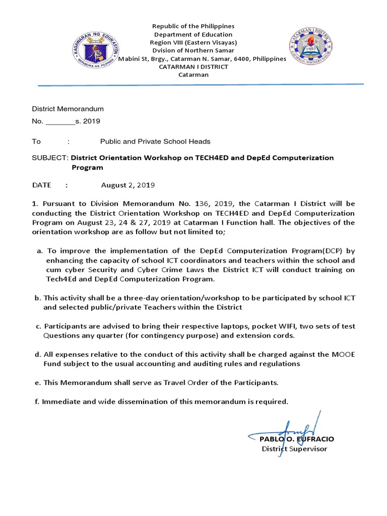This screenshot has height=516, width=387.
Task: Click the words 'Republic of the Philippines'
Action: point(193,26)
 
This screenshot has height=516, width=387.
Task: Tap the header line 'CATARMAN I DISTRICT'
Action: point(193,67)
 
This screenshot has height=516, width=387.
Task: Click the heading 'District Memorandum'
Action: point(68,108)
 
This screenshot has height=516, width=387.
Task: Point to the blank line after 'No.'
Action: point(60,121)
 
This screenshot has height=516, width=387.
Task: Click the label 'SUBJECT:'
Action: point(50,158)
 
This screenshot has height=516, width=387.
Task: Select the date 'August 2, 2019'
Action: point(128,185)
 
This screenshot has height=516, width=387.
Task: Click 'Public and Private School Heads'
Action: point(155,142)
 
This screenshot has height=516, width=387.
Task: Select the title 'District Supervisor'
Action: point(294,448)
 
